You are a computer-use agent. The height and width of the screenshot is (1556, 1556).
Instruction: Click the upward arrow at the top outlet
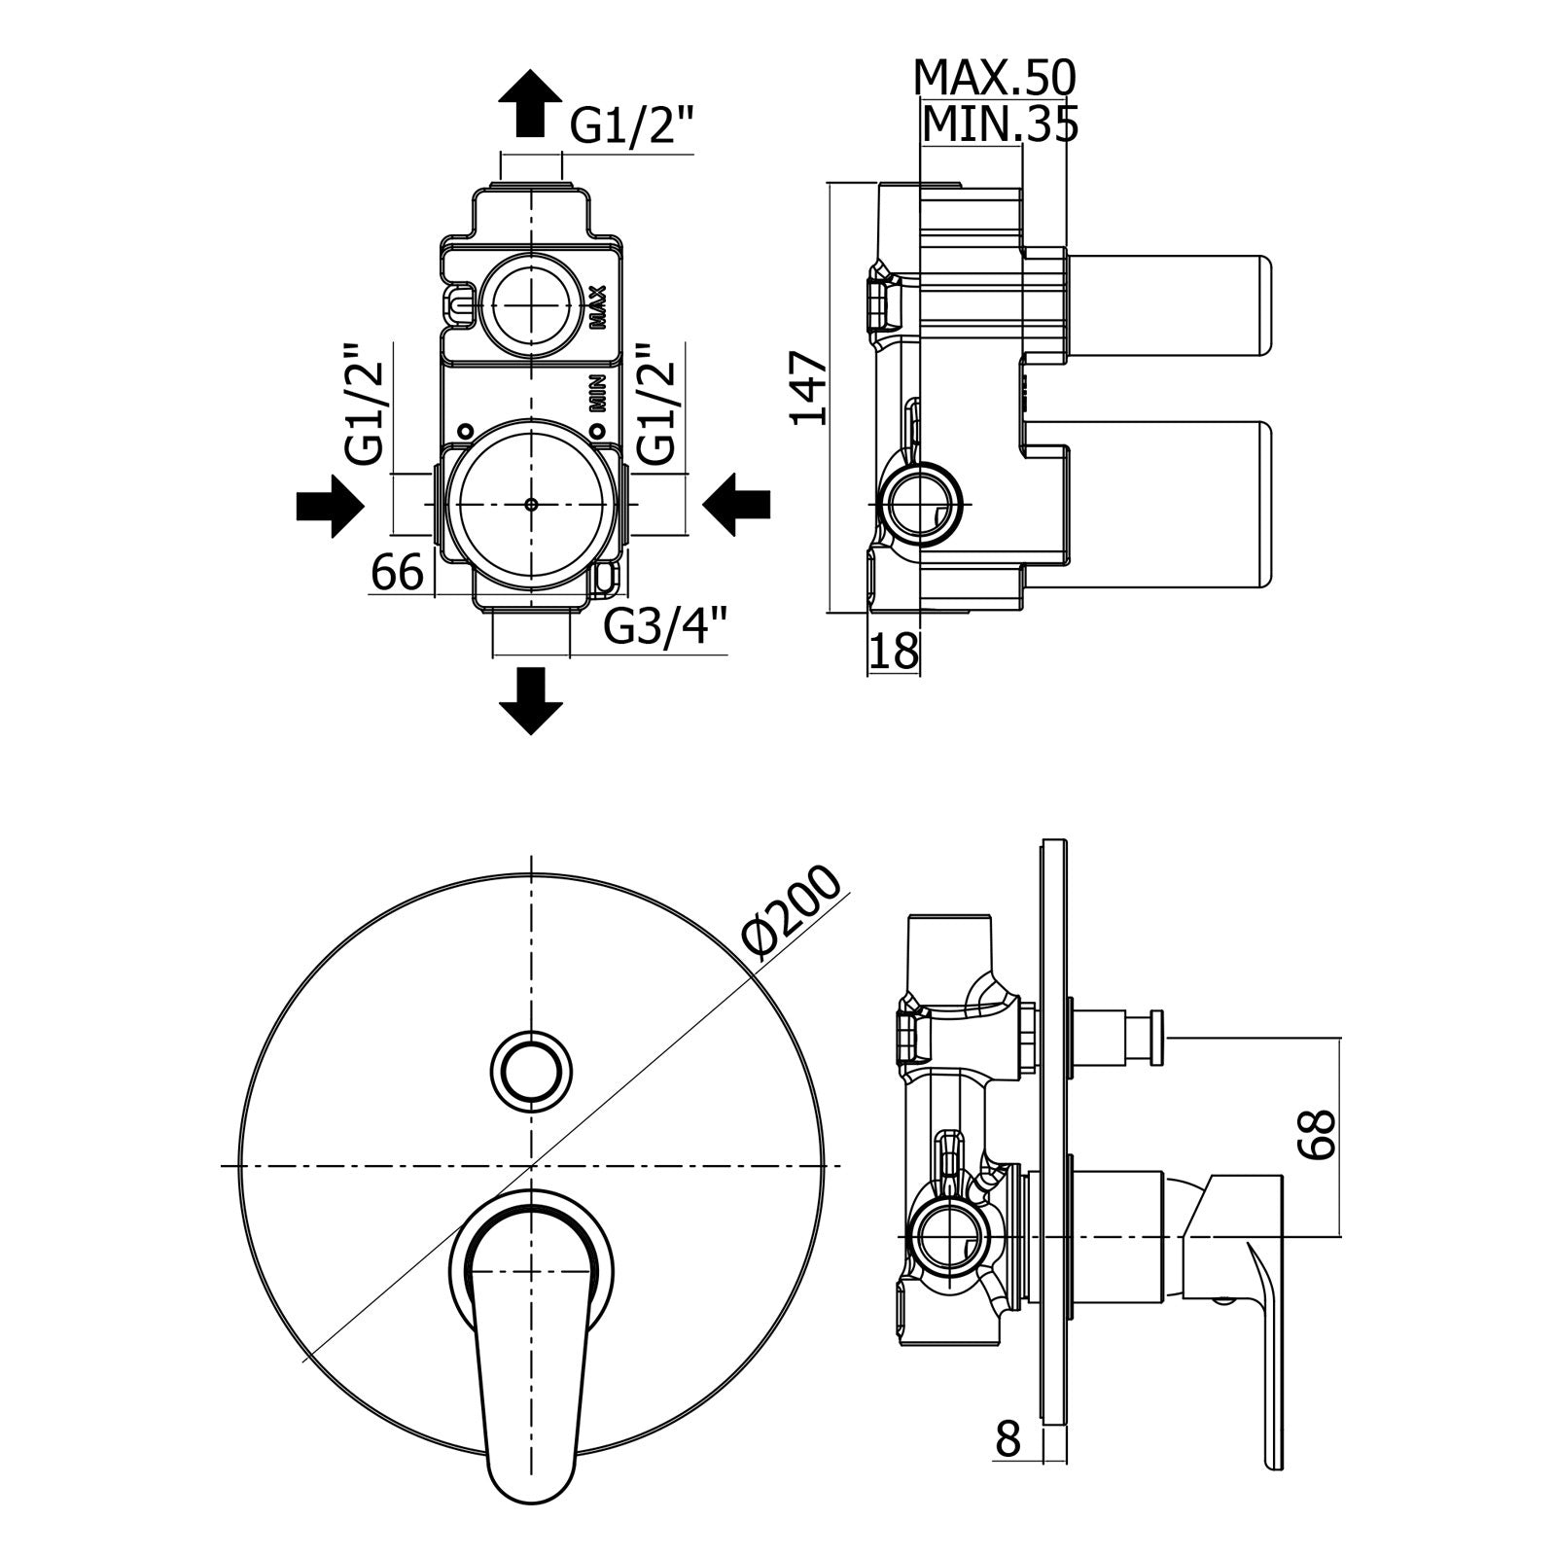pos(530,103)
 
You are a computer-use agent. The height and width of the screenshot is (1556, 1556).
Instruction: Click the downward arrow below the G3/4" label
pos(530,699)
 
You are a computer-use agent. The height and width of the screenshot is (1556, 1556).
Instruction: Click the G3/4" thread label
pos(666,627)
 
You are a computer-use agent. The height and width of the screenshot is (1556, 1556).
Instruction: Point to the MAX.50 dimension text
pos(995,78)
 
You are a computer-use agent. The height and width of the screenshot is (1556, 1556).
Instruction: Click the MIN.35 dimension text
pos(1000,124)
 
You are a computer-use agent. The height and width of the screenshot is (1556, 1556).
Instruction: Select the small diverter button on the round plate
pos(531,1067)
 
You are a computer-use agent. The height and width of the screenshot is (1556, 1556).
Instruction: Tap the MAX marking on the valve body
pos(598,307)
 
